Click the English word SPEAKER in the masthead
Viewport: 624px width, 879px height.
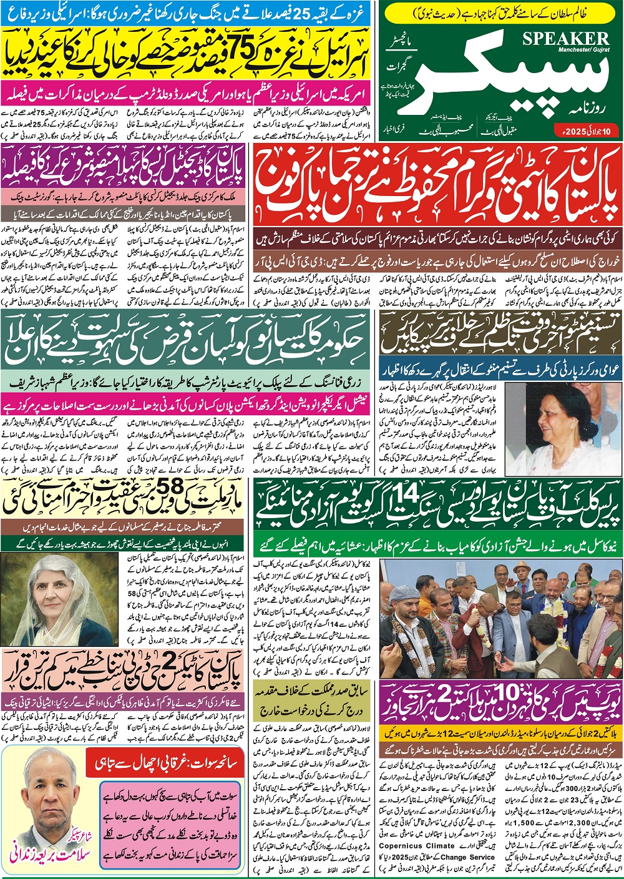pos(566,37)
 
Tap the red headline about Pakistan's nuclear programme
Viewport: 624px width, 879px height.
pos(437,184)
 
